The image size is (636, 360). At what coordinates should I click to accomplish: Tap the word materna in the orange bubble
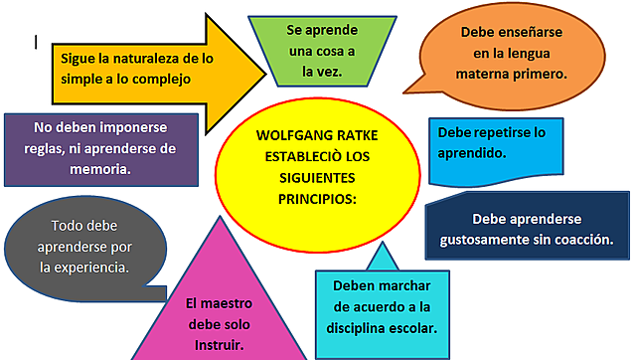coord(510,73)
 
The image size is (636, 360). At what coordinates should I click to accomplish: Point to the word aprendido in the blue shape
coord(472,154)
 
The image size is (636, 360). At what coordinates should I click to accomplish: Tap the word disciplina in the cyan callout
coord(358,327)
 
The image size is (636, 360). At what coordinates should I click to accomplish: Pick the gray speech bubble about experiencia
coord(79,246)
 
